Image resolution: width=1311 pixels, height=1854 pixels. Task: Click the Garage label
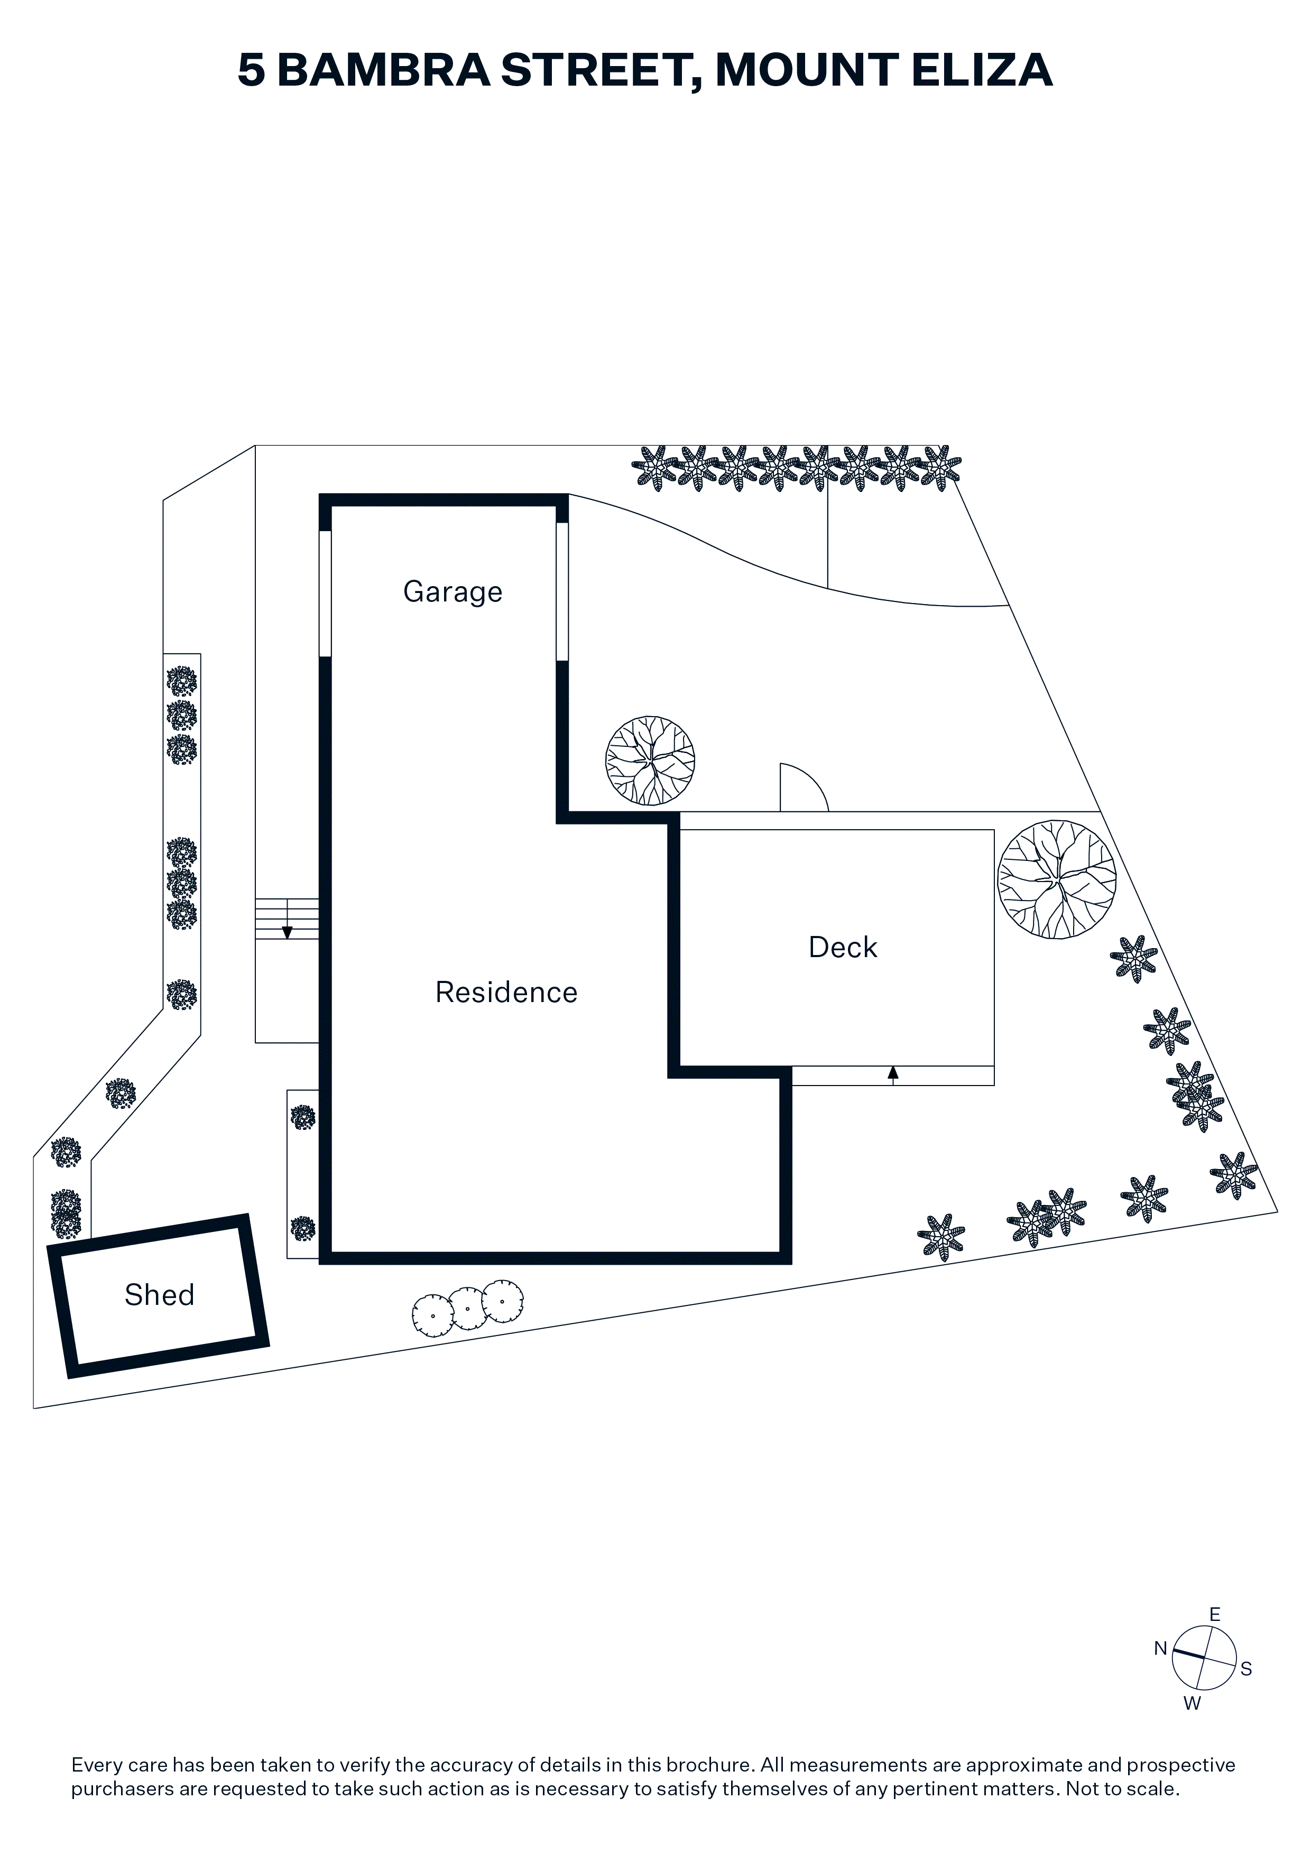pos(453,592)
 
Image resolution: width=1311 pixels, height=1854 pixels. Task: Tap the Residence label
pos(506,993)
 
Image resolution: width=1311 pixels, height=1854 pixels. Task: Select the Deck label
pos(843,947)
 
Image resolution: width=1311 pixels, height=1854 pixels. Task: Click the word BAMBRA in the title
pos(384,70)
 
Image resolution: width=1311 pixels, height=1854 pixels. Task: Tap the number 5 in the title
pos(251,70)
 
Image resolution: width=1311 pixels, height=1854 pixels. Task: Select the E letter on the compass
pos(1215,1614)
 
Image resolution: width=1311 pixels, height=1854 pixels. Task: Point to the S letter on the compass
pos(1247,1669)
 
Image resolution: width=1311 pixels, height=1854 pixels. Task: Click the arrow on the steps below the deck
pos(892,1074)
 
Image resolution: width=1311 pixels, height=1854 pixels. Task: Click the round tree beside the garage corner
pos(650,761)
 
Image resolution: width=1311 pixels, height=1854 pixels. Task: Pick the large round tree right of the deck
pos(1057,879)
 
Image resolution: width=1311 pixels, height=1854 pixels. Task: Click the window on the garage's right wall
pos(562,592)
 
